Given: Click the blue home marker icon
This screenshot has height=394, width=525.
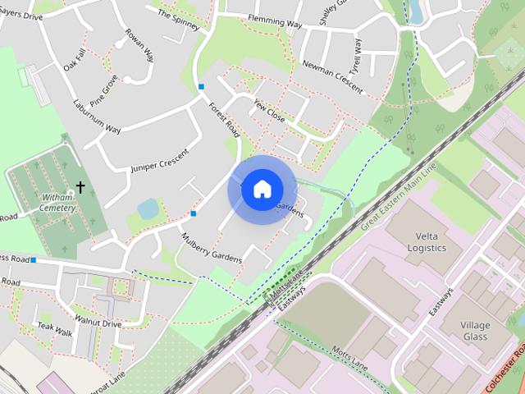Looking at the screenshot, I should click(262, 190).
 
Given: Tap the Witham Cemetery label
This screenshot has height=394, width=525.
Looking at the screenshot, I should click(57, 203).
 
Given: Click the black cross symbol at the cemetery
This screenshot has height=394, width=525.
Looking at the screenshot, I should click(80, 187).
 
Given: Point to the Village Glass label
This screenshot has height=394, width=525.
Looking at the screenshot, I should click(475, 331).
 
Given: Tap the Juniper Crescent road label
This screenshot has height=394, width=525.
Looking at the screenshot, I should click(159, 160).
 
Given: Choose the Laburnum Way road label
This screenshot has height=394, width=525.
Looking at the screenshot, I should click(97, 117).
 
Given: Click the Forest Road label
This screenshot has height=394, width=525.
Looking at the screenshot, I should click(223, 119).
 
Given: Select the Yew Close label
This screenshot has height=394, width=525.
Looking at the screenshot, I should click(269, 112).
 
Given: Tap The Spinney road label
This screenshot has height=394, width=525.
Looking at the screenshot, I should click(178, 20).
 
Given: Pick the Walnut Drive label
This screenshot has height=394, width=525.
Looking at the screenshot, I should click(98, 323).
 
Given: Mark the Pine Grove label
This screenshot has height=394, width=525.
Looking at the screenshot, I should click(104, 91).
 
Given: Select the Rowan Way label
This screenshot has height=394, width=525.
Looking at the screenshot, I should click(139, 46).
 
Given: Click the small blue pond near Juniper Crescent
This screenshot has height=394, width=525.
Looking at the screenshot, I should click(148, 208).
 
